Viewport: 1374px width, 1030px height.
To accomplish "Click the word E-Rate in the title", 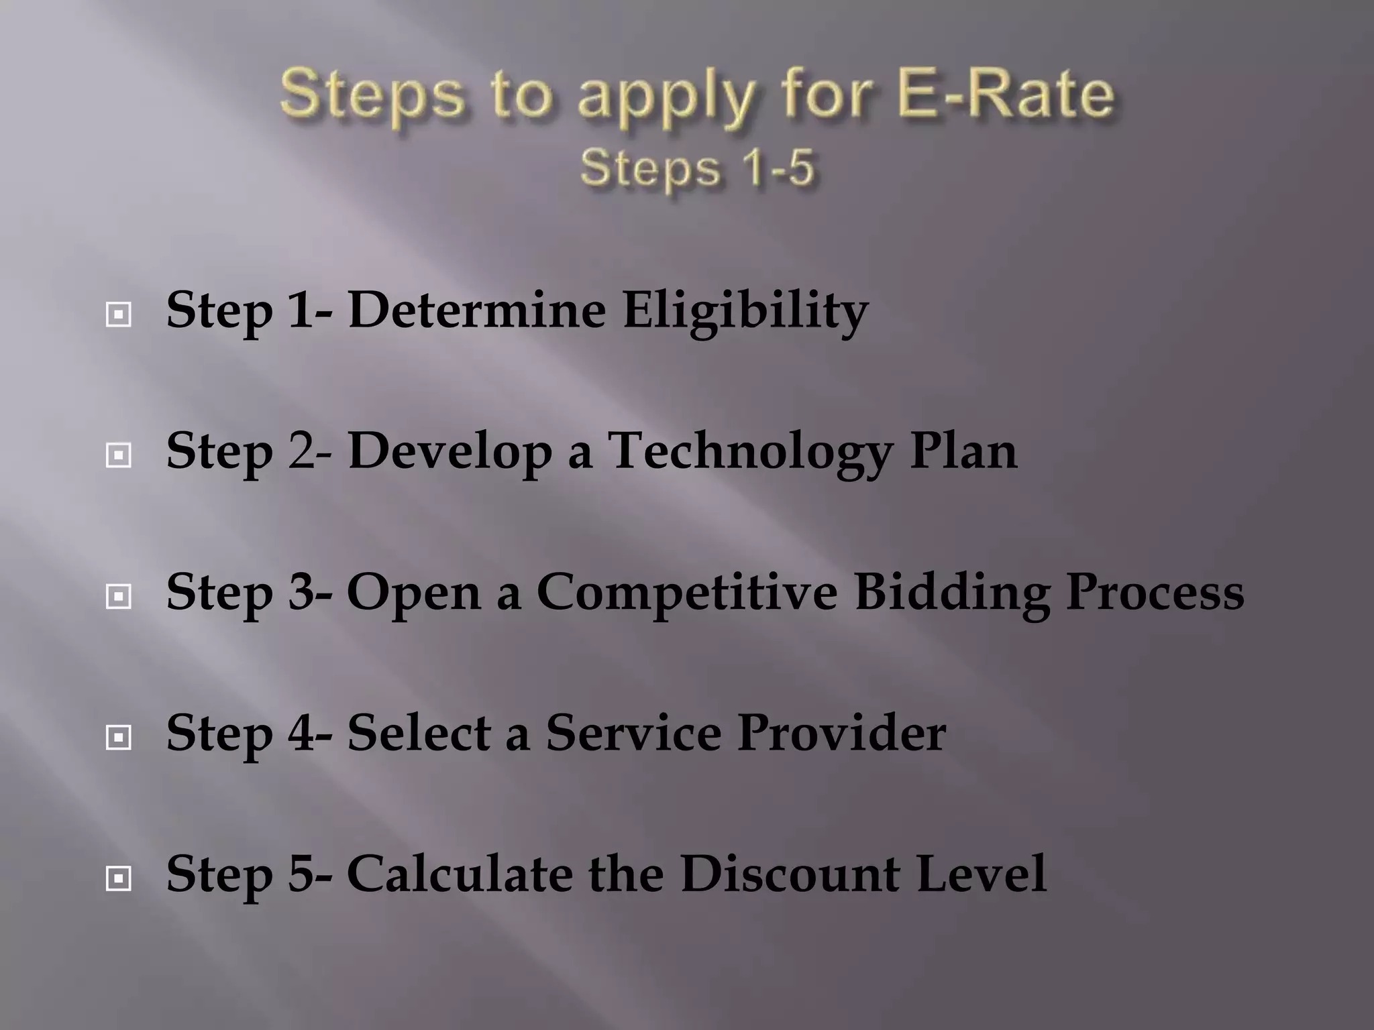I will [1005, 95].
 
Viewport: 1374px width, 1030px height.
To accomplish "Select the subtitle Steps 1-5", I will [697, 168].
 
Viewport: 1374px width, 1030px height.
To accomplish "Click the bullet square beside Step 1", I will [119, 313].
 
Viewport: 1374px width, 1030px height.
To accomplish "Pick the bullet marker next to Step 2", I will [119, 455].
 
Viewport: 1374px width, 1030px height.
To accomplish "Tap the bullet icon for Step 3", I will [119, 596].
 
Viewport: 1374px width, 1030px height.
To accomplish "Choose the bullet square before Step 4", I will [119, 738].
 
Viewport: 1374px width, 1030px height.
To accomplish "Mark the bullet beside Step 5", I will [119, 878].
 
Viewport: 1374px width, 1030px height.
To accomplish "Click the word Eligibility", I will [745, 312].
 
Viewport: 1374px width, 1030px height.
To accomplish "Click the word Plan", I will [963, 451].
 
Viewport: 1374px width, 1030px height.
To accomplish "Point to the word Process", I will [1155, 593].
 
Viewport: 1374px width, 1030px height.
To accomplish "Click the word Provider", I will [841, 733].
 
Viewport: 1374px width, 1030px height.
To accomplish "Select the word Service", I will [633, 733].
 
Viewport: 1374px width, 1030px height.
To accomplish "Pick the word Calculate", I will [459, 874].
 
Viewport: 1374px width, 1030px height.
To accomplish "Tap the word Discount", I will [790, 874].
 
